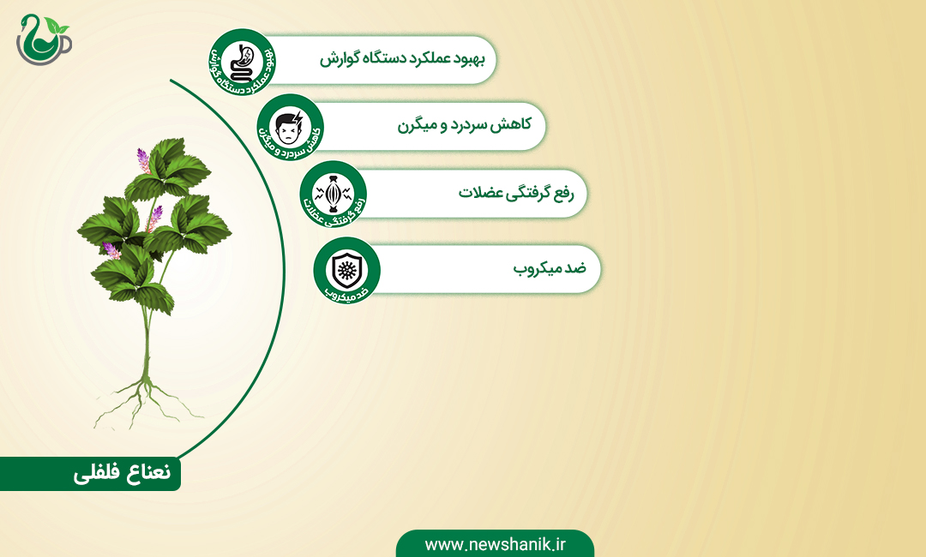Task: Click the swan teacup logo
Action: (44, 39)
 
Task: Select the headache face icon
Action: (289, 128)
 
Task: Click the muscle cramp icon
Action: (333, 193)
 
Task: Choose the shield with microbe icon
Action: (346, 269)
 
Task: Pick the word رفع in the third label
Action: (562, 194)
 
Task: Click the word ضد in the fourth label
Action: (576, 268)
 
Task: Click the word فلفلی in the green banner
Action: (95, 474)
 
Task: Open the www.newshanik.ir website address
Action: (495, 544)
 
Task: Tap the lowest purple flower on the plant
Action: (111, 250)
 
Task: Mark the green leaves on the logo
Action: (57, 26)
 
